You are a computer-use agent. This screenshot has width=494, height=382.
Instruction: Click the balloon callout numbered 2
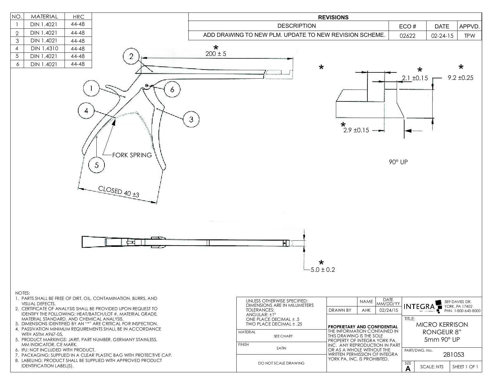click(131, 56)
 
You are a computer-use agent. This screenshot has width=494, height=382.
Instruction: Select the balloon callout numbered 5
click(96, 165)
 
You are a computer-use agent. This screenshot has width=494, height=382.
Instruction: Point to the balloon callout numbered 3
click(191, 119)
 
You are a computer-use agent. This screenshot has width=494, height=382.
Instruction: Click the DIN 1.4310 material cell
click(44, 48)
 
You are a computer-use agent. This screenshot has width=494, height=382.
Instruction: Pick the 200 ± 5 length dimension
click(216, 54)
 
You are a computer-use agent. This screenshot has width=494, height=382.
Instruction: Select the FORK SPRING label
click(132, 155)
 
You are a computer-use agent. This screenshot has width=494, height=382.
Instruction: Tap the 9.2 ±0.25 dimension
click(460, 78)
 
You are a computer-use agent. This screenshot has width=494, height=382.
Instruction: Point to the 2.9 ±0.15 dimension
click(356, 130)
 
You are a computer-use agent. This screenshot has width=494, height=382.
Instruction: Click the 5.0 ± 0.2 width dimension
click(323, 270)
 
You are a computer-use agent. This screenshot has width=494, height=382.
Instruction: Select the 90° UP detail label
click(398, 162)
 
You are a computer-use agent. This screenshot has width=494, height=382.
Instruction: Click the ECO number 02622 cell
click(408, 36)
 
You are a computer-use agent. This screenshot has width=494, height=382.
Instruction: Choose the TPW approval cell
click(469, 36)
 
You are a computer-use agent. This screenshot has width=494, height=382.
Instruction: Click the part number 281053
click(453, 355)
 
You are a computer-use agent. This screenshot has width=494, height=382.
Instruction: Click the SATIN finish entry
click(281, 348)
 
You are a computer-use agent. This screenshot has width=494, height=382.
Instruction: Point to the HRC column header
click(78, 17)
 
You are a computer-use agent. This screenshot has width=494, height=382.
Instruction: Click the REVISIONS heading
click(333, 17)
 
